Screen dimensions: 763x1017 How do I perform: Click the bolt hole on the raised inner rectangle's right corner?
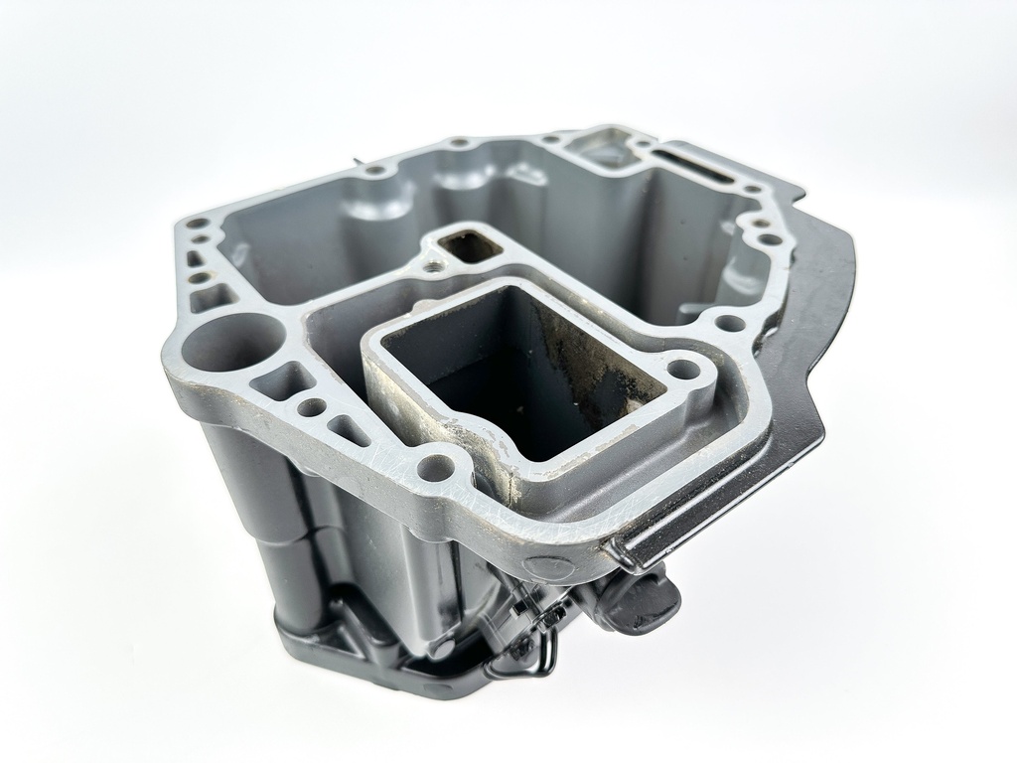point(684,371)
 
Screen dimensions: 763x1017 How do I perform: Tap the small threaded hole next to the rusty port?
point(435,265)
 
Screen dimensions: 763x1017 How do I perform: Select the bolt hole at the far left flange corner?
point(199,224)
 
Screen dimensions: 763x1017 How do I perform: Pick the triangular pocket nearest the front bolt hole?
point(350,429)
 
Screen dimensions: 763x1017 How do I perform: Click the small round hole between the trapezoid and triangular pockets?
point(312,407)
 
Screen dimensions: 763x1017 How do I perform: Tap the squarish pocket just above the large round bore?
point(215,297)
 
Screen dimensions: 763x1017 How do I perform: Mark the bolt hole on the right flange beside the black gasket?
point(730,323)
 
